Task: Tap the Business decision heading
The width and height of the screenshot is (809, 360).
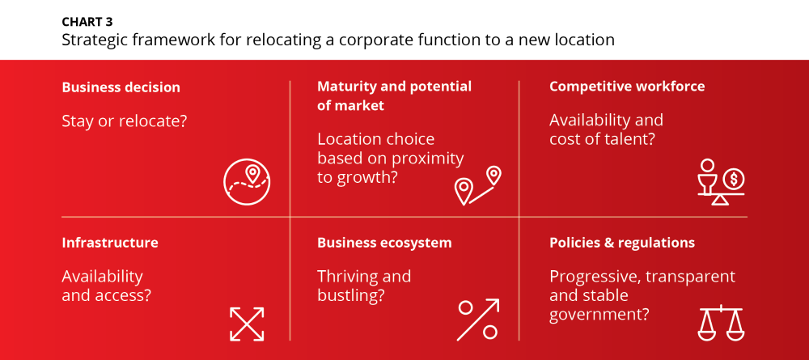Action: click(121, 87)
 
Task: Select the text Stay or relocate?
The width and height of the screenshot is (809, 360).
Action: click(124, 121)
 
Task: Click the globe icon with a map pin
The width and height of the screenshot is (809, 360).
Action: click(247, 182)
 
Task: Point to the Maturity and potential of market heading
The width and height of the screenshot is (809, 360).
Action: click(394, 96)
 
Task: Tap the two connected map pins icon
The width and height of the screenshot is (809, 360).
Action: click(478, 186)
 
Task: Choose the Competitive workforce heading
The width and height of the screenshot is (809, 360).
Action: click(626, 86)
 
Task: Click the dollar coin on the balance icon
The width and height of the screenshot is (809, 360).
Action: click(733, 180)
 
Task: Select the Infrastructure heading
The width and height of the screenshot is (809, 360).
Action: click(110, 243)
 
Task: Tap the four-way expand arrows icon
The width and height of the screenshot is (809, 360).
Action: click(247, 324)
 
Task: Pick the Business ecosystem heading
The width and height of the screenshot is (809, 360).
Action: click(384, 243)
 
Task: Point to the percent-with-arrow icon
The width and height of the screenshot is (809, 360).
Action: click(478, 320)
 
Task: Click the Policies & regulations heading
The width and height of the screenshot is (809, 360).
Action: click(621, 243)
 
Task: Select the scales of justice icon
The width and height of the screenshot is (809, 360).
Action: click(720, 324)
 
